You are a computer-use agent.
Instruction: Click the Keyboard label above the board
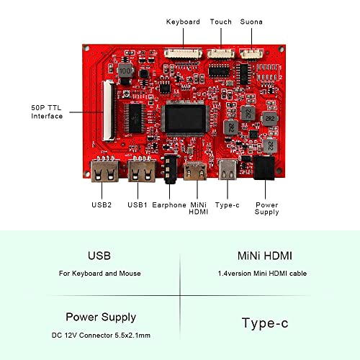tap(183, 22)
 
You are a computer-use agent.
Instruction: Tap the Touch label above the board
tap(221, 22)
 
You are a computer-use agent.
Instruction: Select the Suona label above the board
tap(251, 22)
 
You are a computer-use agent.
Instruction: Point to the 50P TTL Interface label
tap(47, 112)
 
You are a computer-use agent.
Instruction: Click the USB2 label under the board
tap(102, 205)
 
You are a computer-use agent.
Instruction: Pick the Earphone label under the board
tap(169, 205)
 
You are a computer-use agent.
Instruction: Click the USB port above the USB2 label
tap(105, 171)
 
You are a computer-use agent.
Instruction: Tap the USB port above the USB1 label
tap(142, 171)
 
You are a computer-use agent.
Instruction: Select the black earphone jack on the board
tap(171, 168)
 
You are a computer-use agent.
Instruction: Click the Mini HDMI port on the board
tap(195, 171)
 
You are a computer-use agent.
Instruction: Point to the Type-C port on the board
tap(228, 170)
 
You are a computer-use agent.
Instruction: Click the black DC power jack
tap(264, 168)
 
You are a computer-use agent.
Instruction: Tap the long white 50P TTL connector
tap(109, 110)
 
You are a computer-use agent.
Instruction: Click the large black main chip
tap(185, 119)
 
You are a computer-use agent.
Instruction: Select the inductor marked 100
tap(125, 71)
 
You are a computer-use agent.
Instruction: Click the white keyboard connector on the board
tap(183, 53)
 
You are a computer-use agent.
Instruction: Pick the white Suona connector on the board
tap(251, 53)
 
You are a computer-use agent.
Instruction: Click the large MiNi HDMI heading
tap(265, 256)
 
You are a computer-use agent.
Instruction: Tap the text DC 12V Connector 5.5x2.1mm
tap(101, 336)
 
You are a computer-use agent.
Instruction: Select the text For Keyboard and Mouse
tap(100, 274)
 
